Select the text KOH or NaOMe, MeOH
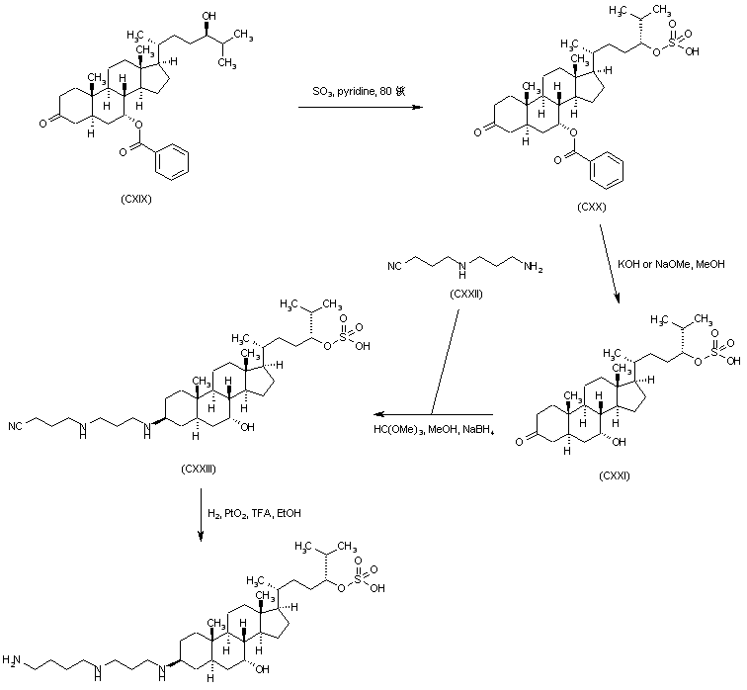671,266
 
